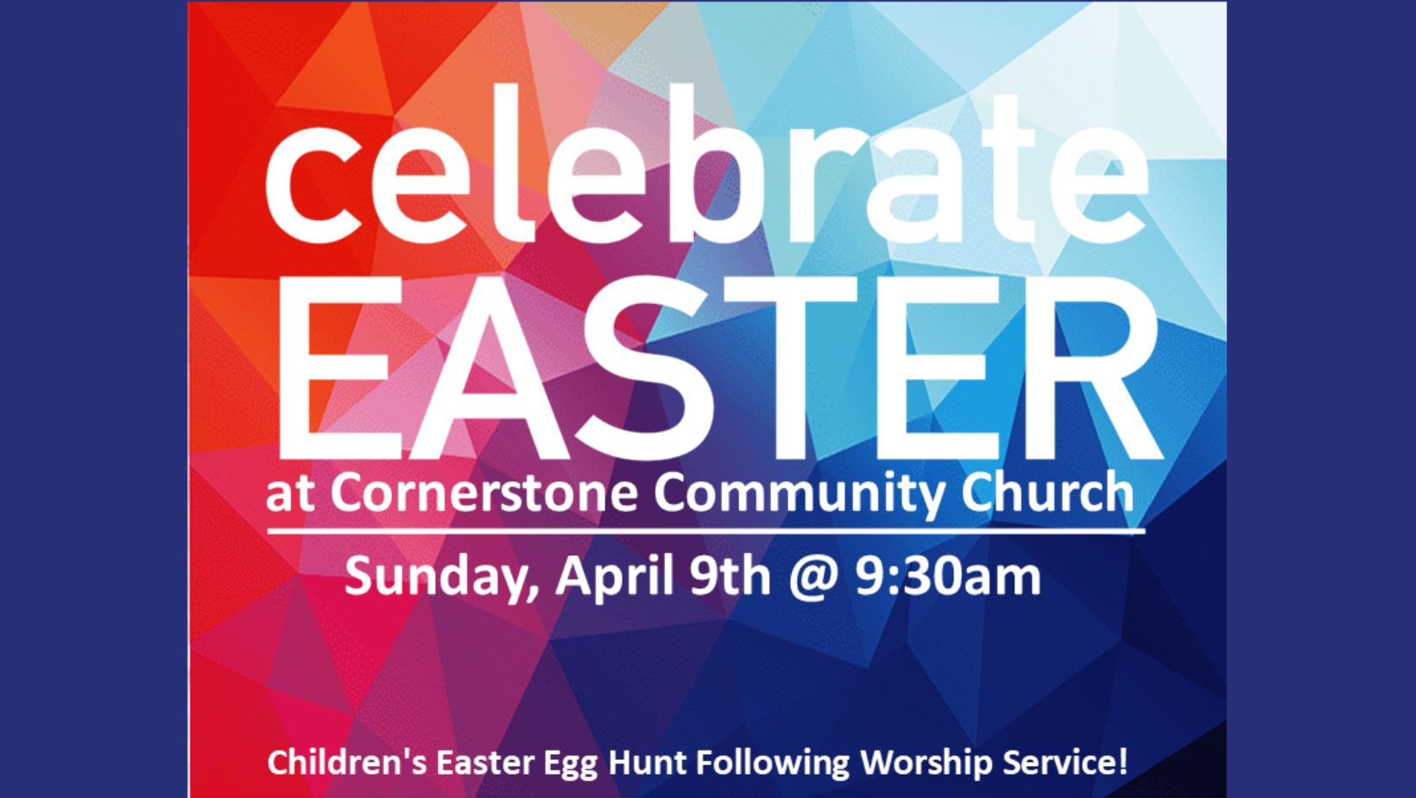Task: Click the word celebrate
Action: [x=707, y=164]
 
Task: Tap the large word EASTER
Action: [x=718, y=369]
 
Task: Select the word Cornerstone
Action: [x=484, y=493]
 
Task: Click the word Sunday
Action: [x=441, y=577]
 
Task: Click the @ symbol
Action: [x=813, y=579]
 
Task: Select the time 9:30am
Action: [x=948, y=575]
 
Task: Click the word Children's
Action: [x=348, y=762]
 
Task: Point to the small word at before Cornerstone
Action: [x=290, y=496]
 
